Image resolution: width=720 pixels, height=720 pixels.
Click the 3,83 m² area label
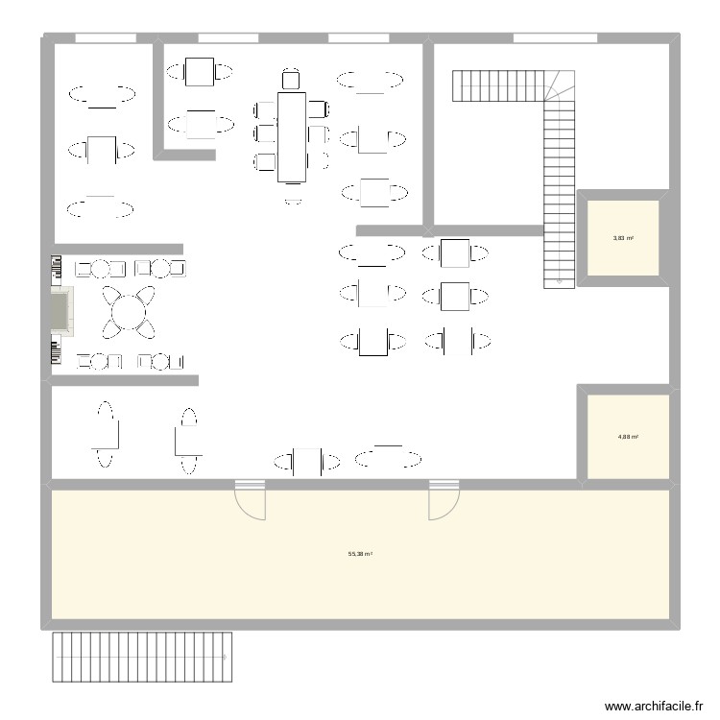point(623,237)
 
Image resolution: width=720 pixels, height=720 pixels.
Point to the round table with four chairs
point(128,311)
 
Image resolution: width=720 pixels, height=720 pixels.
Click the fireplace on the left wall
point(62,311)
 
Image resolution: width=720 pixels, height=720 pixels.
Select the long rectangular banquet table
point(292,135)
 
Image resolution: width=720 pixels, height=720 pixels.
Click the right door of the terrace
point(444,500)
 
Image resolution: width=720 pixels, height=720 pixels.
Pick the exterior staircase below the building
point(143,657)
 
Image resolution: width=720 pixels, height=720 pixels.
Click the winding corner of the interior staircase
point(560,85)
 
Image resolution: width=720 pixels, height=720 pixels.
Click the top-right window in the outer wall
point(556,38)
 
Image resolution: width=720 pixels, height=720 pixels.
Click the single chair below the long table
point(293,201)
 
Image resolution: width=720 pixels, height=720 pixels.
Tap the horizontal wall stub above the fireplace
point(118,249)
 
